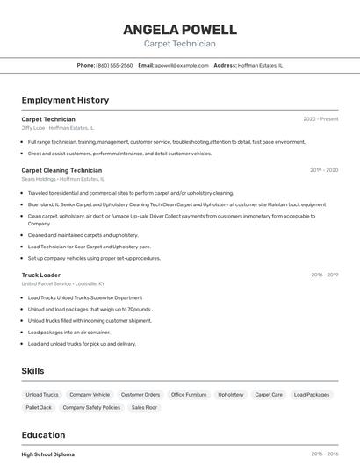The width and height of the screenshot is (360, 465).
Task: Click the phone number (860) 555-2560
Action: (114, 65)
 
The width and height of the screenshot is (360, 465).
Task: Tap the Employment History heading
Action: (65, 100)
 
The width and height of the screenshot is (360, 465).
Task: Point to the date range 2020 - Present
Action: (320, 119)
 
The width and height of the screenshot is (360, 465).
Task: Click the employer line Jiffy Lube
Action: (58, 128)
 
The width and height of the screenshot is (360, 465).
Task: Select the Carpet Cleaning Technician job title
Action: (61, 170)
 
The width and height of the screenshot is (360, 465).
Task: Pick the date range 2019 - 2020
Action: (324, 170)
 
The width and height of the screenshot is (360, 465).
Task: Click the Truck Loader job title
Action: (41, 275)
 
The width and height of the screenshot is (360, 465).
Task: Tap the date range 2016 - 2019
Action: (324, 275)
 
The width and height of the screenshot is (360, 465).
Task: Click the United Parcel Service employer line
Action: (63, 284)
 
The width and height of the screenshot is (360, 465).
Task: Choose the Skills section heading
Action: (32, 371)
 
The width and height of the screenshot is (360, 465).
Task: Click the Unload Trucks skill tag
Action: (42, 395)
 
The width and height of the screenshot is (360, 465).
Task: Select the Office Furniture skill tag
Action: (189, 395)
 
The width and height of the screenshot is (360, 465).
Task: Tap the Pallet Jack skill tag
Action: (39, 407)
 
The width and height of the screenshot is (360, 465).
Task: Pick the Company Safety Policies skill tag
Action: (91, 407)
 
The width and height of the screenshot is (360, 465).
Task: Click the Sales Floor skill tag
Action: (144, 407)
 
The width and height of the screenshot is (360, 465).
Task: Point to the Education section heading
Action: (43, 435)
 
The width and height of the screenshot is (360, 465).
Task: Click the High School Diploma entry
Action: (48, 454)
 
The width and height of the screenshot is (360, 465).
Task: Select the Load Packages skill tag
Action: (312, 395)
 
